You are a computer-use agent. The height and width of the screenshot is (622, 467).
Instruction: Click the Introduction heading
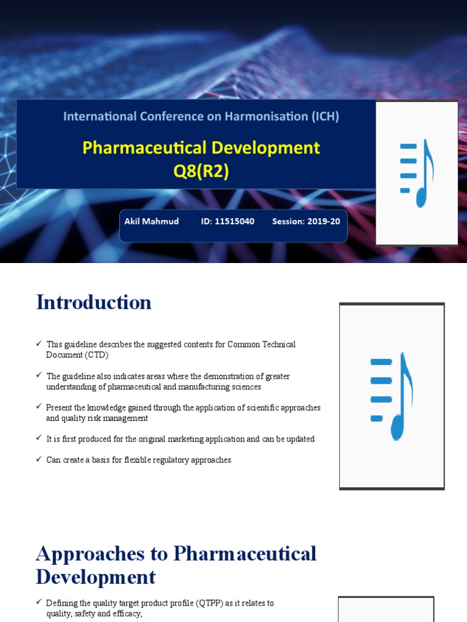click(x=94, y=302)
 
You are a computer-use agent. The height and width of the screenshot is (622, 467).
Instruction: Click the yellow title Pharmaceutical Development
click(x=201, y=148)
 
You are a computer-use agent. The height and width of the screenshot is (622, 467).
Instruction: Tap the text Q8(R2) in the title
click(x=201, y=172)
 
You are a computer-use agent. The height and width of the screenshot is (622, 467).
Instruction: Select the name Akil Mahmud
click(x=151, y=222)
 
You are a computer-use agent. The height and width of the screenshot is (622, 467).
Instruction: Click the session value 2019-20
click(x=323, y=222)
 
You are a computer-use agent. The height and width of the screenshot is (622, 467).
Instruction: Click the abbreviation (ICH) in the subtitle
click(x=325, y=116)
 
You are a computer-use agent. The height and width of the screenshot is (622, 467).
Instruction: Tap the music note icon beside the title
click(x=417, y=174)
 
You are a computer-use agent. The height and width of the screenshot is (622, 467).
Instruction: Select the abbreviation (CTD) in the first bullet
click(x=95, y=355)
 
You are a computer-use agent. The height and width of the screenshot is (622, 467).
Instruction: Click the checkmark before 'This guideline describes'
click(x=39, y=344)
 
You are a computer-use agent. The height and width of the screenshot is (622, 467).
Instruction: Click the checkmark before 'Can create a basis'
click(x=39, y=460)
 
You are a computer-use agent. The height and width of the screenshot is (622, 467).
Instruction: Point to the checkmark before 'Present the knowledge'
click(x=39, y=408)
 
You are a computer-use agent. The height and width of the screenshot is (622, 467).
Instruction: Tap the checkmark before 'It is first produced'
click(x=39, y=439)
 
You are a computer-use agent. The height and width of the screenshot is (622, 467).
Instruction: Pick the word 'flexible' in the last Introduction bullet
click(x=134, y=460)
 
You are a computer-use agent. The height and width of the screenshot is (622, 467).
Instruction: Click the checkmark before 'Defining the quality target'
click(x=39, y=603)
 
